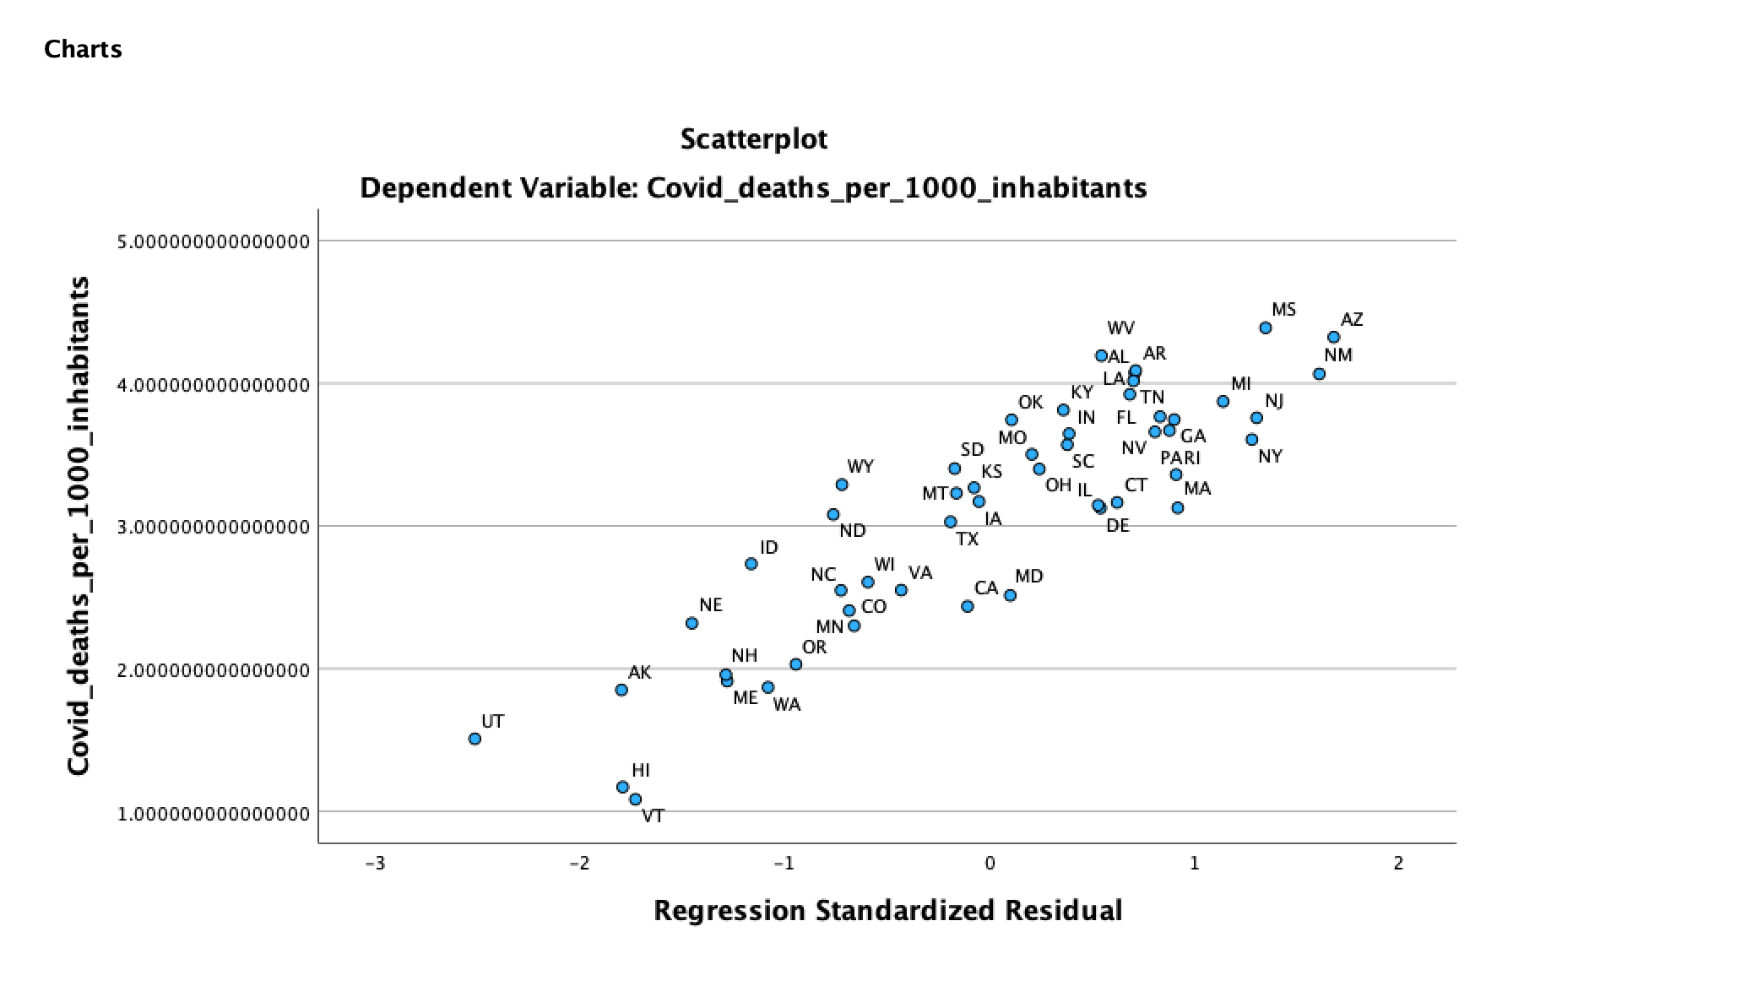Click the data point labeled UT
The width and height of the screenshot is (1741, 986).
point(475,739)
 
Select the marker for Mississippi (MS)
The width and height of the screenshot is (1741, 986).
point(1266,328)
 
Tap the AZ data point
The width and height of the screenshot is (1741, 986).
point(1334,338)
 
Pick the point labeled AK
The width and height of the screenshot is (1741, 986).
point(621,690)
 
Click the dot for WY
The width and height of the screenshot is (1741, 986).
point(842,485)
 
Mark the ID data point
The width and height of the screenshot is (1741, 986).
point(751,564)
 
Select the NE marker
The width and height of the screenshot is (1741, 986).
point(692,623)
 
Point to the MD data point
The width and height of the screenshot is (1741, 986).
point(1010,595)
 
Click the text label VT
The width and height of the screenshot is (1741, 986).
point(653,816)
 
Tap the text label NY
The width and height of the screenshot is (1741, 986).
point(1270,457)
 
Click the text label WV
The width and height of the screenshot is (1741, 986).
point(1121,328)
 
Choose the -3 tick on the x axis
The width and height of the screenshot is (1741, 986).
point(375,864)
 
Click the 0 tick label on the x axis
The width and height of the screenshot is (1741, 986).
point(990,864)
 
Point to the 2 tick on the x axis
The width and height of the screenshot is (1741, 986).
point(1399,864)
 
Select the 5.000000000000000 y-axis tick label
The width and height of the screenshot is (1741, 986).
point(214,242)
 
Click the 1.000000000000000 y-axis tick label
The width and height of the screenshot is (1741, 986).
point(214,814)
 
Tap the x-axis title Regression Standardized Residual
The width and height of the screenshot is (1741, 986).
point(887,911)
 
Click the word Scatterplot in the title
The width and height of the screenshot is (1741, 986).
point(754,138)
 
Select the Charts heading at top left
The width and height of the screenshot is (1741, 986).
point(83,50)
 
